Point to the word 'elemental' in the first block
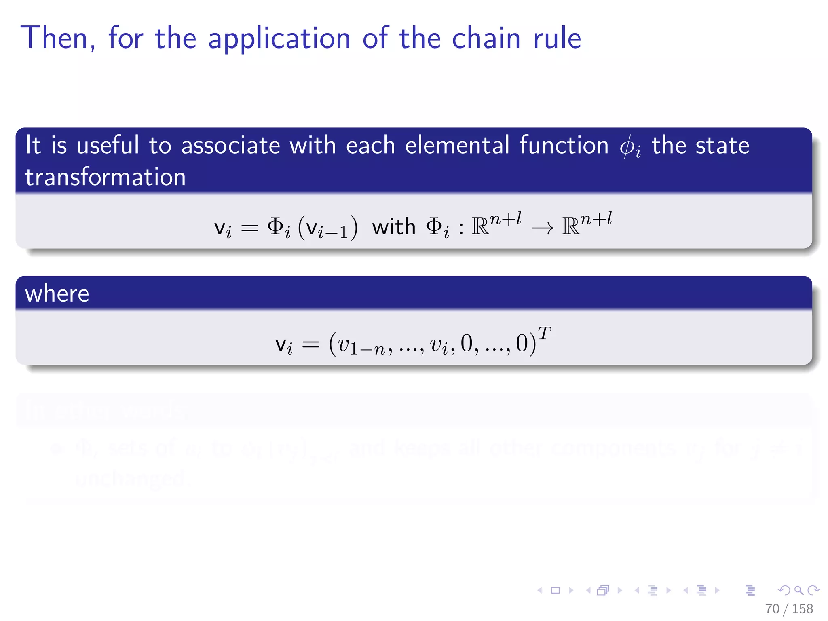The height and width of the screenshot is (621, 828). pos(457,145)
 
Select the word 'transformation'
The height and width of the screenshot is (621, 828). pos(106,177)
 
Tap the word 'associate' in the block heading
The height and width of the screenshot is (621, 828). pos(230,146)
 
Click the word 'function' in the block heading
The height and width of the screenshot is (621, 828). pos(564,145)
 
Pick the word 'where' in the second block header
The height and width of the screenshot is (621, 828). pos(57,294)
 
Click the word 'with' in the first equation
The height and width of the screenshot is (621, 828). pos(394,227)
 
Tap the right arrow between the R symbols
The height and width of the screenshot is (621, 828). pos(542,229)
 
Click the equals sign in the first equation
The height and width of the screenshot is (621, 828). pos(249,228)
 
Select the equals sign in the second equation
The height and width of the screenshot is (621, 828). pos(310,345)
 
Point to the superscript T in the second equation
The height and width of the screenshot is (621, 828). pos(544,334)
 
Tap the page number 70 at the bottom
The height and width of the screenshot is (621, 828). pos(772,609)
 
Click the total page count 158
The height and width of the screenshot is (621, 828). pos(803,609)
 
